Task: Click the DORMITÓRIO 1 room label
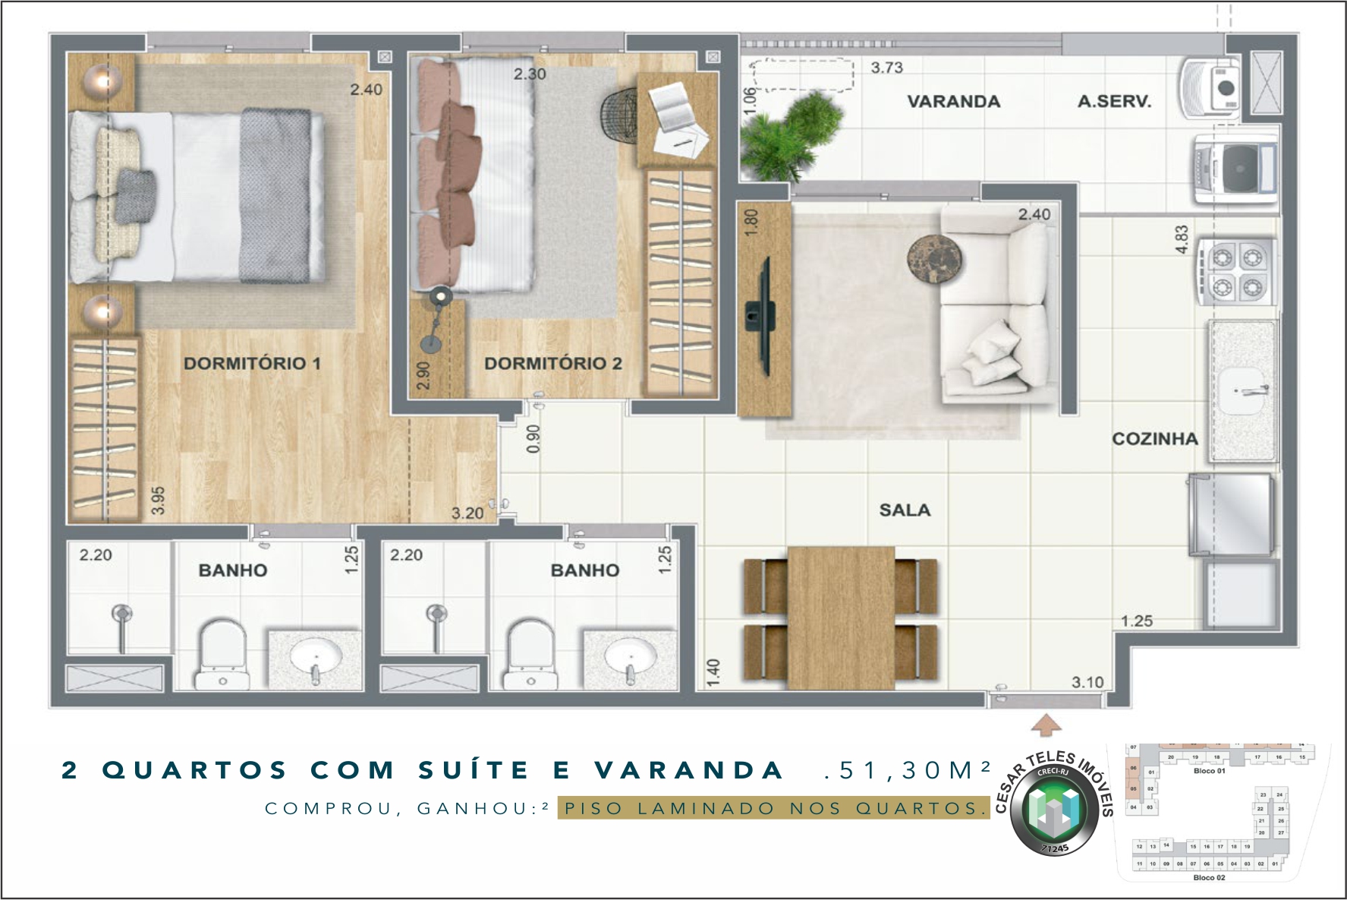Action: pos(252,363)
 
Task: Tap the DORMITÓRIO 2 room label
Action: pos(552,363)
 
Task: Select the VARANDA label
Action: pos(954,102)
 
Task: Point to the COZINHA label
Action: pos(1155,439)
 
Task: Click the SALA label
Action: pos(905,510)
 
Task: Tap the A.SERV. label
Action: pos(1114,102)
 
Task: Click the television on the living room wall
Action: pos(761,316)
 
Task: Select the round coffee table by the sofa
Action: pos(935,260)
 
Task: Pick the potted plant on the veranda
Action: pos(789,137)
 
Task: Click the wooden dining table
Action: pos(841,617)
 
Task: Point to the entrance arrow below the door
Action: pos(1046,725)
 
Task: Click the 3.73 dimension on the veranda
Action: pos(886,68)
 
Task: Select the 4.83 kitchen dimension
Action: pos(1182,239)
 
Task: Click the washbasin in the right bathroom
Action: pos(629,655)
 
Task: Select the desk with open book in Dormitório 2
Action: pos(677,120)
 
